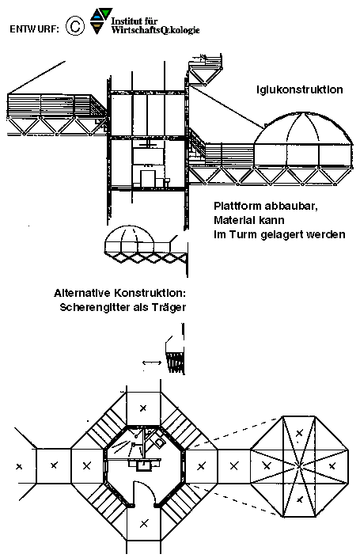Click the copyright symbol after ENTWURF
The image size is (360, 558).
(x=75, y=27)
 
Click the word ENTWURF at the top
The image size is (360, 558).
(x=34, y=29)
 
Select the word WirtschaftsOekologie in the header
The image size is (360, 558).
(x=155, y=30)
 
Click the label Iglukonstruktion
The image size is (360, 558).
(x=300, y=89)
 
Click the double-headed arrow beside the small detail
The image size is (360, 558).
(x=152, y=363)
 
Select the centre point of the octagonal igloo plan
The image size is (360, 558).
(x=299, y=465)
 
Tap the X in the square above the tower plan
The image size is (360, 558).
(x=143, y=408)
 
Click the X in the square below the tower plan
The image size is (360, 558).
(x=144, y=523)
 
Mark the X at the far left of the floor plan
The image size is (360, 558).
(x=19, y=466)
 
